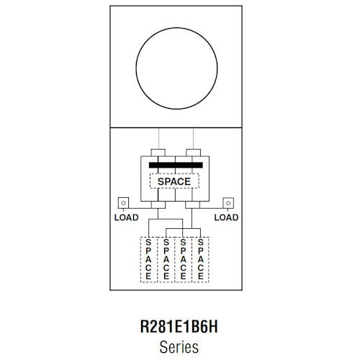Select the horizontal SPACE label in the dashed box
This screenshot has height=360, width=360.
click(174, 181)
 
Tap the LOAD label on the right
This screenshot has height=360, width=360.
click(227, 217)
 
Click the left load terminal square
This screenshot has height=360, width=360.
click(124, 203)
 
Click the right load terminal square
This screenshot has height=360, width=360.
click(228, 203)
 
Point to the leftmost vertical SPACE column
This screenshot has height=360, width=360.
click(149, 259)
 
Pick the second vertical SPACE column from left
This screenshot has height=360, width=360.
click(166, 259)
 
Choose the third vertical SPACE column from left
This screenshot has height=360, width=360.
click(184, 259)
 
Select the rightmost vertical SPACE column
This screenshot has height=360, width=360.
click(200, 259)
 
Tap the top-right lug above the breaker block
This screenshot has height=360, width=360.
click(192, 152)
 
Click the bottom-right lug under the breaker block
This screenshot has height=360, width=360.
click(192, 205)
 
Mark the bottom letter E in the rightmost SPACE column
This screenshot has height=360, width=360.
click(200, 276)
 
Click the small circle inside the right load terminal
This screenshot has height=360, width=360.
click(228, 203)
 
